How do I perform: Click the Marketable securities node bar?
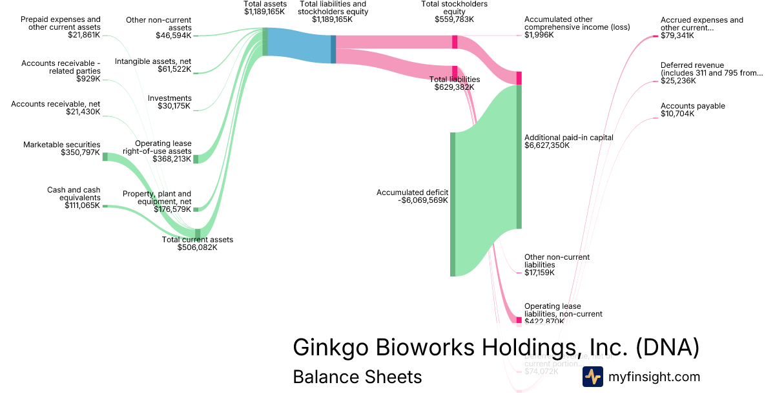tap(105, 156)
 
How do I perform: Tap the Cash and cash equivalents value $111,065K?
tap(82, 205)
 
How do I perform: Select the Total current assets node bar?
tap(198, 234)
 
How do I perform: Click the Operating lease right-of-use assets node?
tap(196, 159)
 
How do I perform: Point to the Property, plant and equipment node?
tap(196, 209)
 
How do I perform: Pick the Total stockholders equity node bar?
tap(455, 42)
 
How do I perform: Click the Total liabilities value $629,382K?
tap(457, 87)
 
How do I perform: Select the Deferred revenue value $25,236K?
tap(678, 81)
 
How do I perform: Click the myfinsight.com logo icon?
tap(592, 377)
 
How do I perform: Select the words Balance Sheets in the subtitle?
tap(357, 377)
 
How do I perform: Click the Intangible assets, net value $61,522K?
tap(174, 69)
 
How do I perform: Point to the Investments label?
tap(169, 98)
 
